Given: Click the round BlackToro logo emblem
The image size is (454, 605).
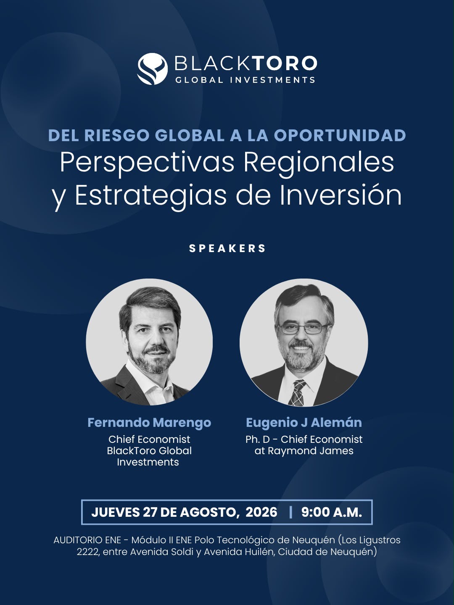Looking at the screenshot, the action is (x=153, y=68).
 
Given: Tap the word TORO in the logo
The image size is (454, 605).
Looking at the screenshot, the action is (x=285, y=63).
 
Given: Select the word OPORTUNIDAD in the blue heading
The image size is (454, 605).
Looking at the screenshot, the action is (x=340, y=135).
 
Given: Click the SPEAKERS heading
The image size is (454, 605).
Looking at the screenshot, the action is (x=227, y=248).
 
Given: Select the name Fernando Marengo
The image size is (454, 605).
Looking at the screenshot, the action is (x=149, y=423).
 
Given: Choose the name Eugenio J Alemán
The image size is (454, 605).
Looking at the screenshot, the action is (x=304, y=423).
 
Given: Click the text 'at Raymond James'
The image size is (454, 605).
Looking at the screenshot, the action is (x=304, y=451).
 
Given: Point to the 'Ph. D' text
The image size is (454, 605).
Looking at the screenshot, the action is (x=257, y=439).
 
